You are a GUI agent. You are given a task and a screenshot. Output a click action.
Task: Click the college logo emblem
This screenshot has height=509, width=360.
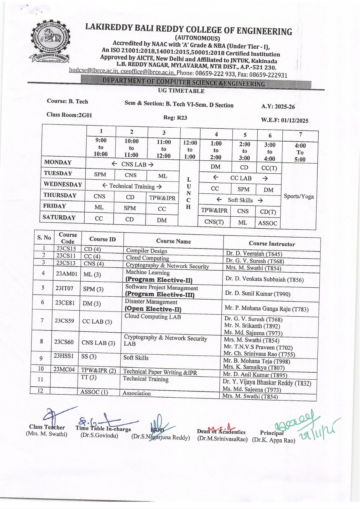click(x=50, y=41)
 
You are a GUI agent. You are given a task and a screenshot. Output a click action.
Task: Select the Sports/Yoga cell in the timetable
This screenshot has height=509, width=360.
click(x=299, y=196)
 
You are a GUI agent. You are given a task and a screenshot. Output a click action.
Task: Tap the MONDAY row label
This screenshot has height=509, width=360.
click(x=58, y=162)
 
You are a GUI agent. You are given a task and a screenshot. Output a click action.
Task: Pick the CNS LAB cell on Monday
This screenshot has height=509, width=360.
click(x=132, y=164)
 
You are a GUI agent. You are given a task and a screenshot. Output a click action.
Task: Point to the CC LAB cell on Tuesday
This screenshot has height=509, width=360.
click(x=241, y=178)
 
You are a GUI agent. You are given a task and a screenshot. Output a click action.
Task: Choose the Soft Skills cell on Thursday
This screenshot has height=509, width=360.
click(x=240, y=200)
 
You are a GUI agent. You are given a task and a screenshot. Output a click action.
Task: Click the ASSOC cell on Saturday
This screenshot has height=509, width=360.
click(x=268, y=223)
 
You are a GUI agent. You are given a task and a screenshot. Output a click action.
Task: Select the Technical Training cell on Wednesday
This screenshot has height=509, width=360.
click(x=132, y=186)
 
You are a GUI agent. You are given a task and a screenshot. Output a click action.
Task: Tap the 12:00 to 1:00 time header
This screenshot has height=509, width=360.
click(x=190, y=150)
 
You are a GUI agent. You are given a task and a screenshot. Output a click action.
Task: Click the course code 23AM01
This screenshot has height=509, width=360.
click(x=66, y=273)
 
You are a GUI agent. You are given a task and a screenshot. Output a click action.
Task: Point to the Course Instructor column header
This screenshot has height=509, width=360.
click(x=272, y=244)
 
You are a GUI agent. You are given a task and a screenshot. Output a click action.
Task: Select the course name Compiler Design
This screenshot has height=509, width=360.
click(x=147, y=251)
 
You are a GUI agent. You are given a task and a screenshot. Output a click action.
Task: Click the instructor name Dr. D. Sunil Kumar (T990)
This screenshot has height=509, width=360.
click(x=257, y=294)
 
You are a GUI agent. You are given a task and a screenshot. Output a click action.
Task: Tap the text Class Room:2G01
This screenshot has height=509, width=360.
click(x=69, y=115)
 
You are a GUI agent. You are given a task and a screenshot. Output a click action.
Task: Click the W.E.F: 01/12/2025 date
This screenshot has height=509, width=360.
click(x=284, y=120)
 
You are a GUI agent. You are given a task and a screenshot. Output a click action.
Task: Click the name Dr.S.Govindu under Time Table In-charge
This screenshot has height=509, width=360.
click(x=99, y=435)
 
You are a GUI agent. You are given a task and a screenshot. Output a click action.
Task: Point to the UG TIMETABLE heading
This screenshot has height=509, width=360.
click(x=181, y=91)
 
